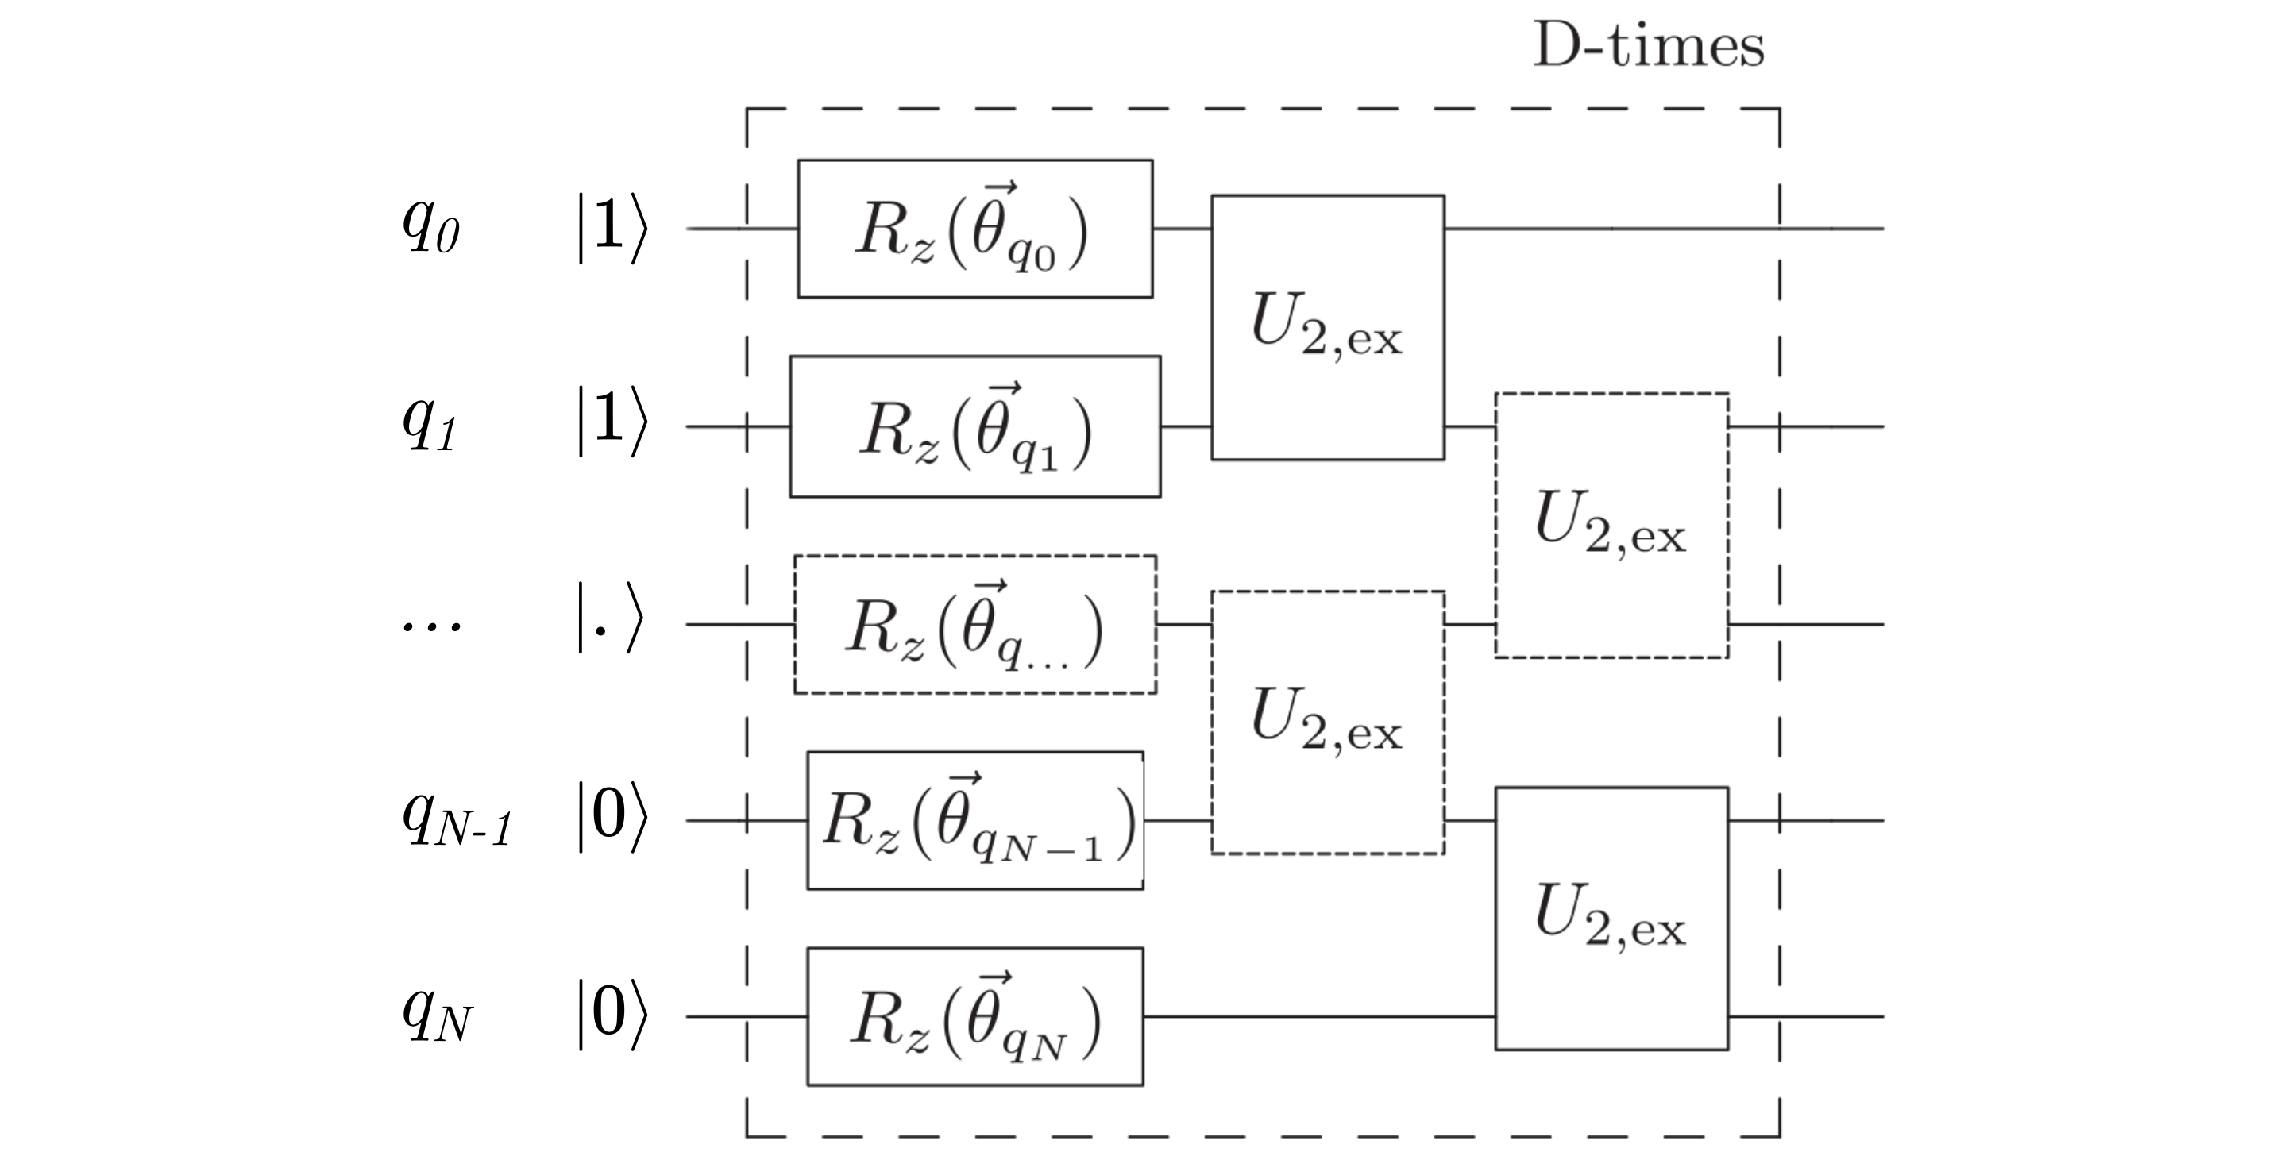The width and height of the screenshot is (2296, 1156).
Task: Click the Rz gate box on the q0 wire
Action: tap(974, 229)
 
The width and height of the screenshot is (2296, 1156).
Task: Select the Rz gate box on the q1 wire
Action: tap(975, 426)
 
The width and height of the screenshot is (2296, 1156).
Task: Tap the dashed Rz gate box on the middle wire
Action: tap(975, 624)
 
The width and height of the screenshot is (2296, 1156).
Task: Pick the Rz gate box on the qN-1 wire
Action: tap(975, 820)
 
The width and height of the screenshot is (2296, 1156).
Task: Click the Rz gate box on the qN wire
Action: tap(975, 1016)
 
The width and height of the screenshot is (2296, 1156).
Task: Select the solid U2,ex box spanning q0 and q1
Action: tap(1327, 327)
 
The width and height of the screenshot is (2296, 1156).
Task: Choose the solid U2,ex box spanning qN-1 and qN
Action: tap(1611, 918)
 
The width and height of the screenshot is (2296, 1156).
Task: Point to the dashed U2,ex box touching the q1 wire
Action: tap(1611, 525)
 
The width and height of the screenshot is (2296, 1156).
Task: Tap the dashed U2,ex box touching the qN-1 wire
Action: tap(1327, 722)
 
